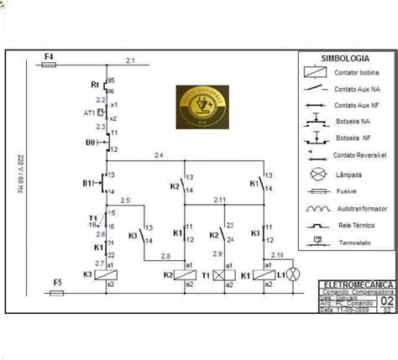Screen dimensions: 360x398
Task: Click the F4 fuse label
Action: coord(49,55)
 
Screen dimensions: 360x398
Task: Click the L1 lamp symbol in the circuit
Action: coord(294,274)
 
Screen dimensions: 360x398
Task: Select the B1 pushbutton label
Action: coord(87,182)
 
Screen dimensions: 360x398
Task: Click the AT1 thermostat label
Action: coord(89,112)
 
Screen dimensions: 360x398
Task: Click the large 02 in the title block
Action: coord(387,300)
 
